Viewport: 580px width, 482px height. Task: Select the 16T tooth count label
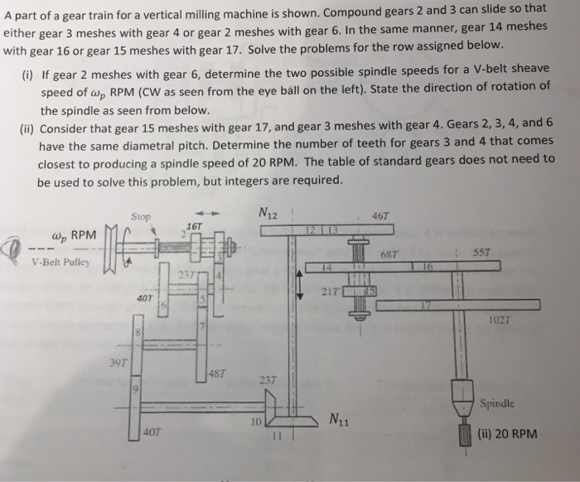click(x=196, y=226)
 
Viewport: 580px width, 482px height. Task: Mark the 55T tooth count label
click(x=487, y=253)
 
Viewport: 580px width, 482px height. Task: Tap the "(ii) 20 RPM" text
click(x=509, y=433)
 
